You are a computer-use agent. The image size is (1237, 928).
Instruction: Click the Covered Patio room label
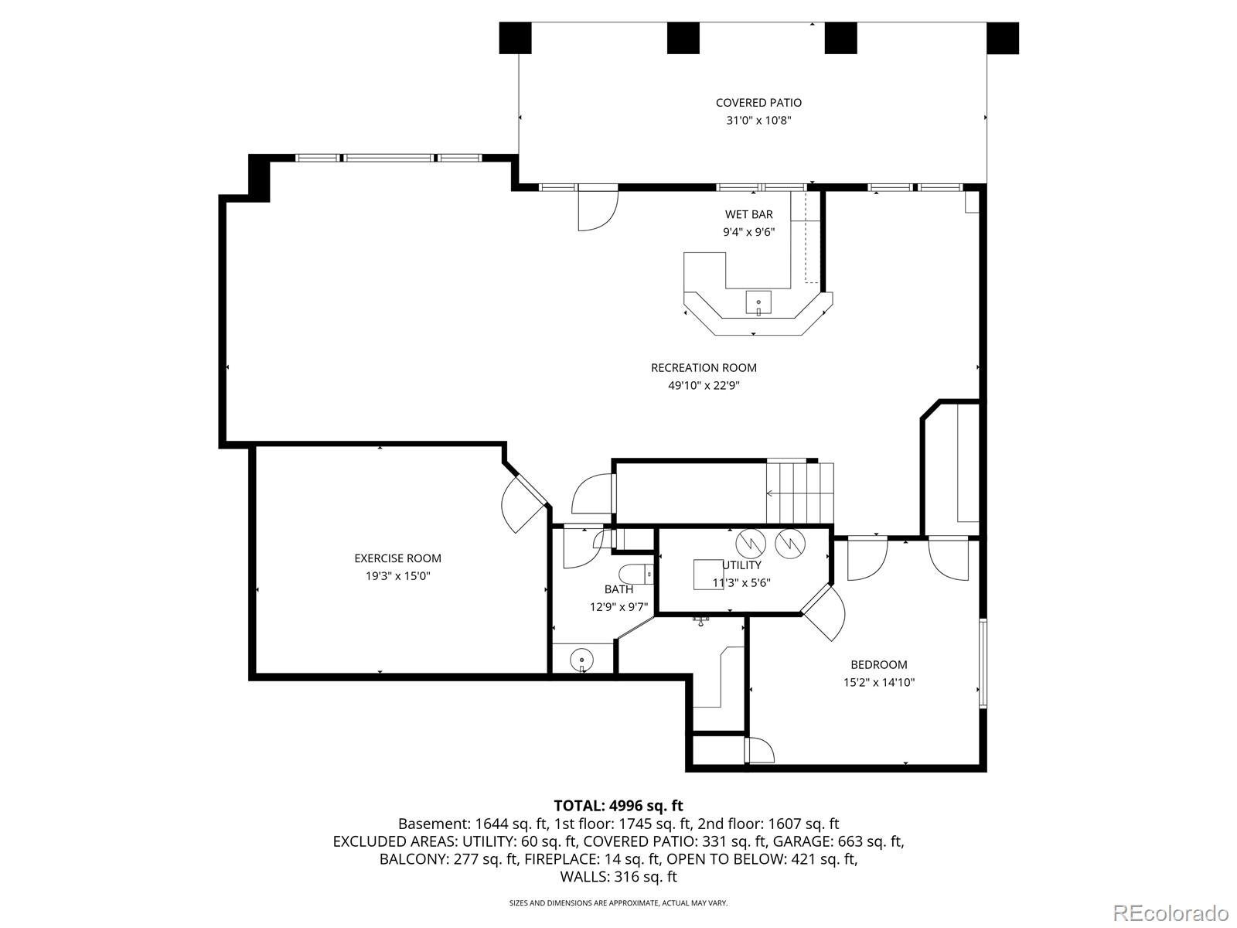[758, 103]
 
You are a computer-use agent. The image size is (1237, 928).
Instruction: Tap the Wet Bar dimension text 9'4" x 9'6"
[749, 231]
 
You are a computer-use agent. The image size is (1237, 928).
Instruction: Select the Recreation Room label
[704, 368]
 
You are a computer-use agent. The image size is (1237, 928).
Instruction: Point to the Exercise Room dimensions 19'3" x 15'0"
[398, 576]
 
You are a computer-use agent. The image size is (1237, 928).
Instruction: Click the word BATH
[618, 589]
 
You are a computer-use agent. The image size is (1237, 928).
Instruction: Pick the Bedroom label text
[878, 664]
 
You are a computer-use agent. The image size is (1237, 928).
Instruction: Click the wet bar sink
[758, 302]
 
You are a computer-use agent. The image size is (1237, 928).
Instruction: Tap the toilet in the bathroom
[636, 574]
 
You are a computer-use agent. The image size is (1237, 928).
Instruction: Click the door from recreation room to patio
[598, 209]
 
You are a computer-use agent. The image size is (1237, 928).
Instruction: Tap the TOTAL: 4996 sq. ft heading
[618, 806]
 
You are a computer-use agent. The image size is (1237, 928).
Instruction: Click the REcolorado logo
[1171, 913]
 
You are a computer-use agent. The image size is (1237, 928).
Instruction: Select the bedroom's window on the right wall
[983, 663]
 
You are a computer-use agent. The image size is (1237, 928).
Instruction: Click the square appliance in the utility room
[708, 574]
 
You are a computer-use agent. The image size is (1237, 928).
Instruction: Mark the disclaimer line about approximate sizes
[618, 903]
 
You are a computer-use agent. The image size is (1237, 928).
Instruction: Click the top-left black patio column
[515, 38]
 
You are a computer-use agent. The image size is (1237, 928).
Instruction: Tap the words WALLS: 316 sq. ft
[618, 877]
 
